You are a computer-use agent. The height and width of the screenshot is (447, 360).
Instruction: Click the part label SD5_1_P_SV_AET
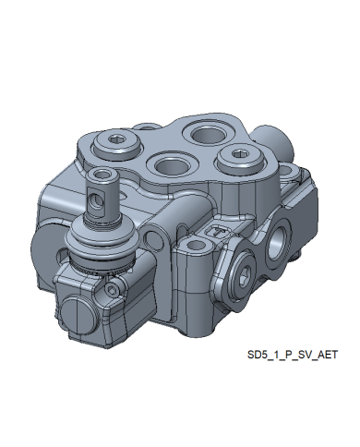293,355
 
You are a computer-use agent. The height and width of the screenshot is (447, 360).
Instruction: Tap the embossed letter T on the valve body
218,231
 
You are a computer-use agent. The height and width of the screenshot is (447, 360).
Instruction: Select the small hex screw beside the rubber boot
112,289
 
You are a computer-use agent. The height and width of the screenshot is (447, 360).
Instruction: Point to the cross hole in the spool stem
95,201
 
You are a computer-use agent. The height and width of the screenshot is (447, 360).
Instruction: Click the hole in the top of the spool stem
102,175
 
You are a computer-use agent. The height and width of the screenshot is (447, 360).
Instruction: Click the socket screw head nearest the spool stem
117,145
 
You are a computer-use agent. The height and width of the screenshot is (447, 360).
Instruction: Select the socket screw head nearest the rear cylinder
241,159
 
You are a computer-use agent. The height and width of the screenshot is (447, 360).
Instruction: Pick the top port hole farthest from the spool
206,135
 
